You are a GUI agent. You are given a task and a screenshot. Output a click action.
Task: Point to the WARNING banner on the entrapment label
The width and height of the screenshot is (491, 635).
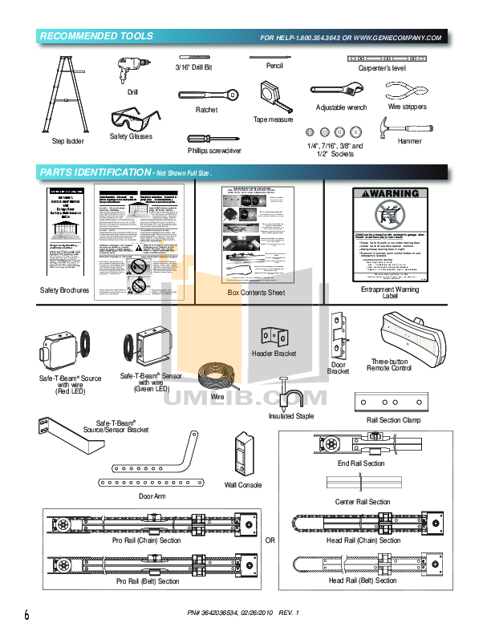click(390, 194)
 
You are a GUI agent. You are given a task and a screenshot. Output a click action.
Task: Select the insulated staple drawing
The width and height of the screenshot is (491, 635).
click(286, 393)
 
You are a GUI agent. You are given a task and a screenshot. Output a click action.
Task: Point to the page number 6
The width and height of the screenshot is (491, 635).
click(26, 616)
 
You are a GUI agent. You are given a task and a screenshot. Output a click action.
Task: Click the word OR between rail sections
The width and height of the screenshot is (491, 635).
click(270, 540)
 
